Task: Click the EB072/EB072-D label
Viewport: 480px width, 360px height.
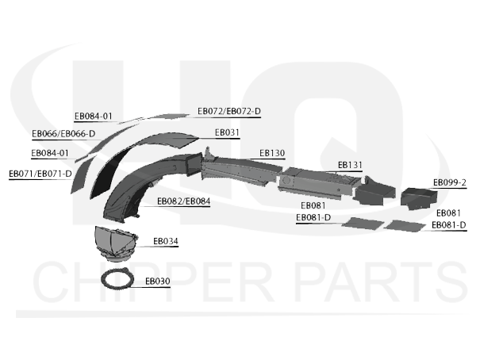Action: pyautogui.click(x=229, y=111)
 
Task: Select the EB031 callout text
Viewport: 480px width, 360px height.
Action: pyautogui.click(x=227, y=132)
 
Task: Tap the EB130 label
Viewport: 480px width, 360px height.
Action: pyautogui.click(x=272, y=153)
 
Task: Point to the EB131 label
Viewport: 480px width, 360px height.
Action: pyautogui.click(x=350, y=165)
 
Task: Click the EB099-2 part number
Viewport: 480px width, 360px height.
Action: pyautogui.click(x=450, y=182)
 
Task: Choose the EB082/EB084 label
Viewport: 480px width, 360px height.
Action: pyautogui.click(x=184, y=201)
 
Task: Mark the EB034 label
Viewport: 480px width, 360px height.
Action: pyautogui.click(x=166, y=241)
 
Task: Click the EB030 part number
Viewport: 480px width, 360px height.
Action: pyautogui.click(x=158, y=281)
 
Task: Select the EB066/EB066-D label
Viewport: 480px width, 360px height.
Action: pyautogui.click(x=63, y=134)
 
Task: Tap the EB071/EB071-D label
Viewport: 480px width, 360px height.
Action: pyautogui.click(x=40, y=174)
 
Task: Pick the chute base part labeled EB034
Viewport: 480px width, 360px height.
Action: pyautogui.click(x=116, y=243)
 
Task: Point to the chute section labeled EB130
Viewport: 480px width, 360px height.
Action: pyautogui.click(x=239, y=169)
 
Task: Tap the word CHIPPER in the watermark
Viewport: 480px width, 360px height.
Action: pyautogui.click(x=153, y=281)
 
